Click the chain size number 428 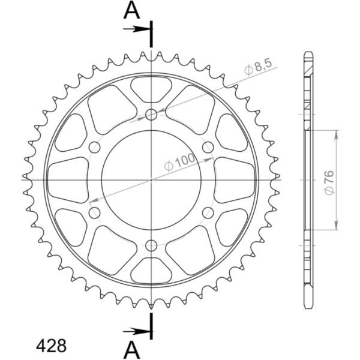pos(51,346)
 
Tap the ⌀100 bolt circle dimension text pos(179,162)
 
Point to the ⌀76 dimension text pos(329,182)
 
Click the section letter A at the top pos(131,11)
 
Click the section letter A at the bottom pos(131,350)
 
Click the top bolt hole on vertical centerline pos(151,115)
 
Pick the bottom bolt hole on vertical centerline pos(151,245)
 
